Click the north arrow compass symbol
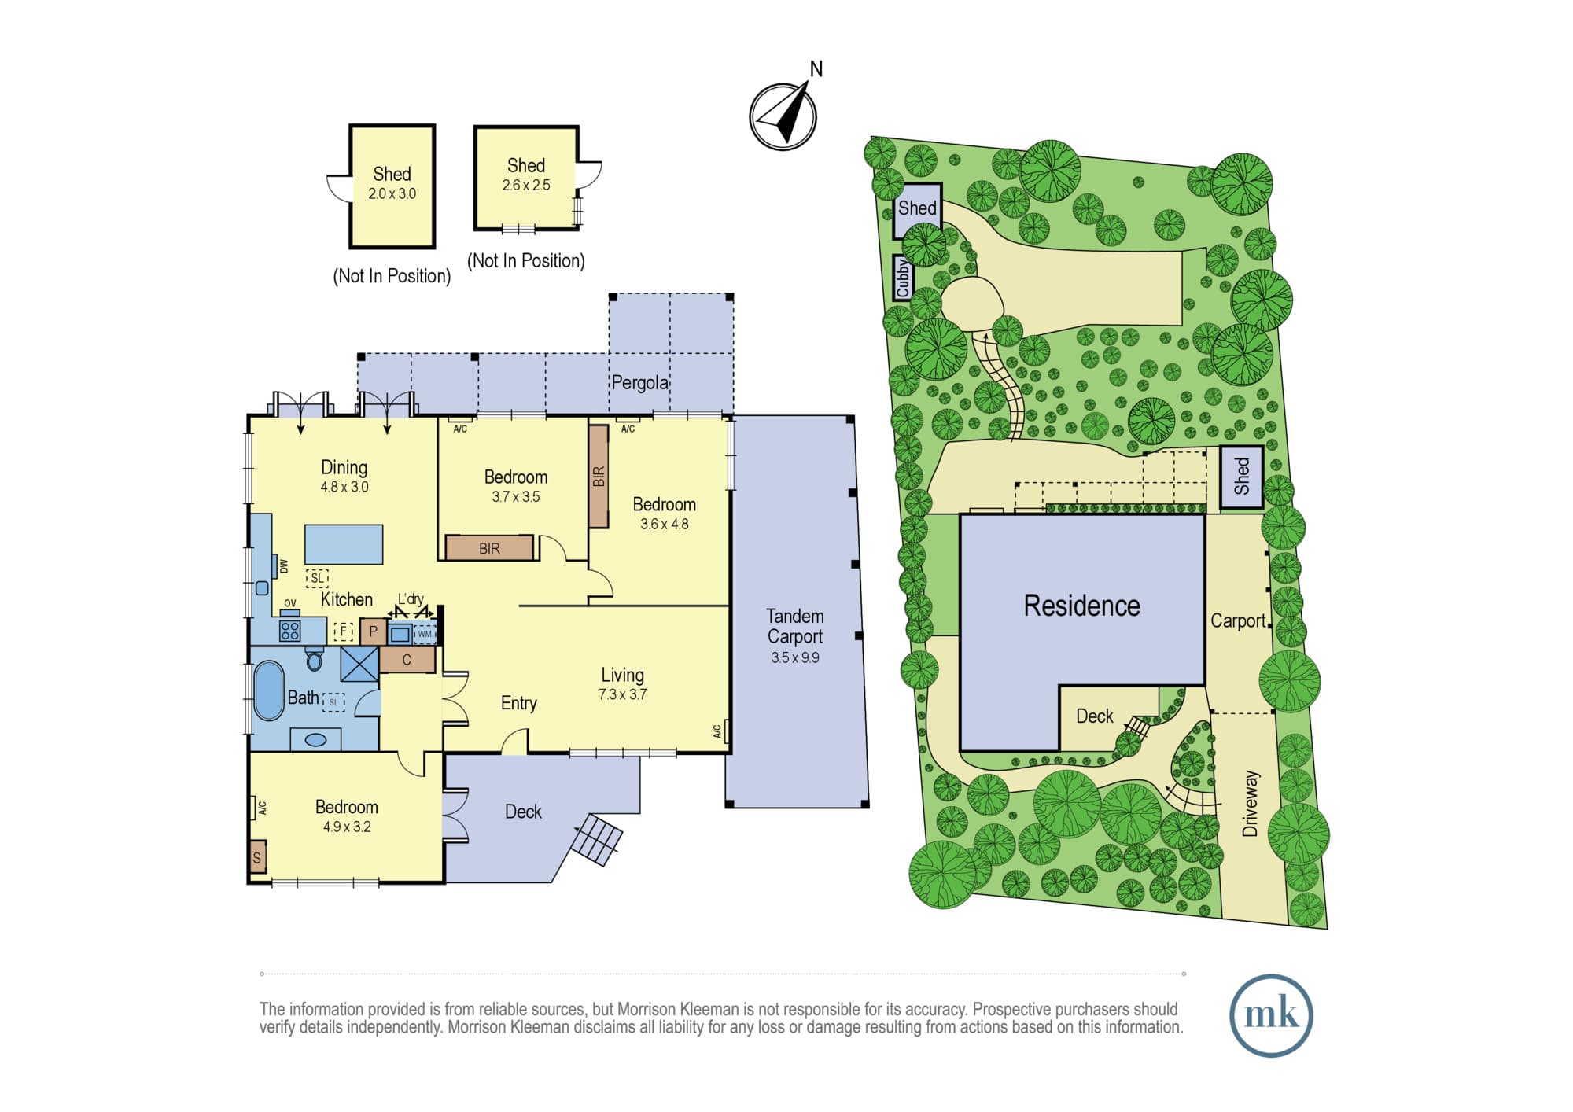point(783,116)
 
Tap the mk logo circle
point(1271,1014)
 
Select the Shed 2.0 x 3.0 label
point(392,183)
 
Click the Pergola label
point(640,383)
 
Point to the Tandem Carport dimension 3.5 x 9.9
point(795,657)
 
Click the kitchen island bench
point(344,544)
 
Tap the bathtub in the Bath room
point(269,690)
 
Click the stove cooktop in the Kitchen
point(289,630)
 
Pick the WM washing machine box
point(425,634)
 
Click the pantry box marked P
point(373,631)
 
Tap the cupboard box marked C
point(407,660)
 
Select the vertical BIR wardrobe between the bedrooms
point(599,477)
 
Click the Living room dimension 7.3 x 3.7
point(622,694)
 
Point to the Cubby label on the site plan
point(903,278)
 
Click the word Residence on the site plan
point(1081,606)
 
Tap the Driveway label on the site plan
point(1251,803)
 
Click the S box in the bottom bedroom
point(257,857)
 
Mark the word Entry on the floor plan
point(519,703)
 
